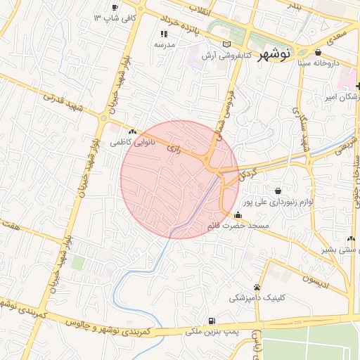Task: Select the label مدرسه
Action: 165,44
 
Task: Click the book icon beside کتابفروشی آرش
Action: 226,44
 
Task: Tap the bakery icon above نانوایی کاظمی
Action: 132,131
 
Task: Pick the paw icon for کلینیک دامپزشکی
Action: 257,287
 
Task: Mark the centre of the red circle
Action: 180,179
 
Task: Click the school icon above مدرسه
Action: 164,33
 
